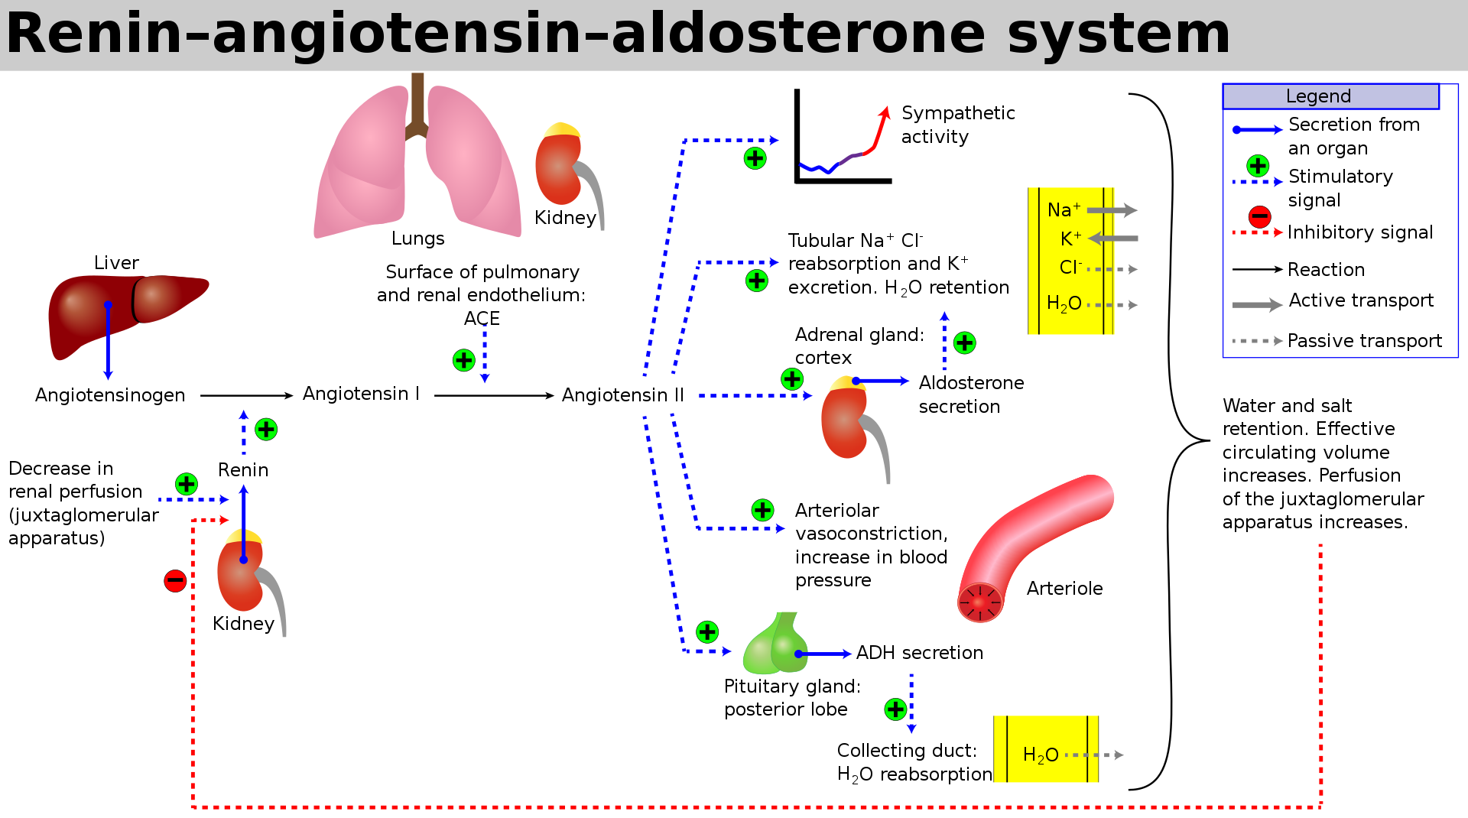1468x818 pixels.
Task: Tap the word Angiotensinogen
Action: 110,395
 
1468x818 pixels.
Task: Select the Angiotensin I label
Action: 361,394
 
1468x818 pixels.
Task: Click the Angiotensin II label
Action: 622,395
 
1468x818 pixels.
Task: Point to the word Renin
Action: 243,470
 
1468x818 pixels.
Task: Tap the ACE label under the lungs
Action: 482,319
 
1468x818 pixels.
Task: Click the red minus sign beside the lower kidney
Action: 175,581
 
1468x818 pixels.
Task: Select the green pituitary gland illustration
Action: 774,646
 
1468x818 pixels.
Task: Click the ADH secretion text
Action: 919,653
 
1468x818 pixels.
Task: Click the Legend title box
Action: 1330,96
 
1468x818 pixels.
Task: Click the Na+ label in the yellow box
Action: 1064,210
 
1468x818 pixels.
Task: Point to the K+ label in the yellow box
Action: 1070,239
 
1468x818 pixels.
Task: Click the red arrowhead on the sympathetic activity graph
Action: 885,113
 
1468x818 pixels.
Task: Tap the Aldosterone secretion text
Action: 970,394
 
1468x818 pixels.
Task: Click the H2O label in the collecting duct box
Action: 1041,755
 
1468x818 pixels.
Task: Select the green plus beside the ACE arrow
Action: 464,360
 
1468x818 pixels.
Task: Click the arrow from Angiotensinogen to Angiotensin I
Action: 246,395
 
